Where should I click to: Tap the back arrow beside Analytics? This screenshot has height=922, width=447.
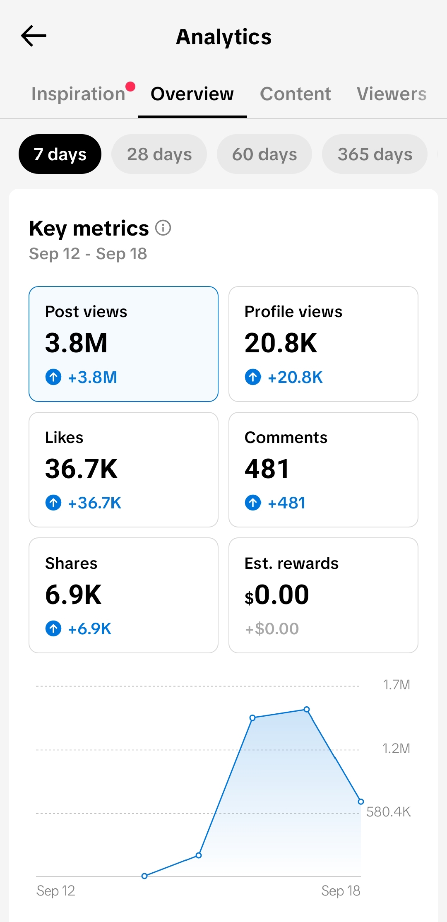pyautogui.click(x=34, y=36)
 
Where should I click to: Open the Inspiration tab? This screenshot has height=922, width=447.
pyautogui.click(x=78, y=94)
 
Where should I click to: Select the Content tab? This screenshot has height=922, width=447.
pyautogui.click(x=296, y=94)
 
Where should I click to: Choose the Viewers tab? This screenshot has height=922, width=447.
pyautogui.click(x=392, y=94)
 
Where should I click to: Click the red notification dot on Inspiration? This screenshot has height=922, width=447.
pyautogui.click(x=130, y=86)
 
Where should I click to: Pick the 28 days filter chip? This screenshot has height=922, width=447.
pyautogui.click(x=159, y=154)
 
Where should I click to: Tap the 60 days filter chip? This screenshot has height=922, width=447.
pyautogui.click(x=264, y=154)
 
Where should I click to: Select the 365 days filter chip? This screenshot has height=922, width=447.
pyautogui.click(x=375, y=154)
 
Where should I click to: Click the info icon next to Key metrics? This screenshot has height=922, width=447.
pyautogui.click(x=163, y=228)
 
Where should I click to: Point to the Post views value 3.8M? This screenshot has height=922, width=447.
pyautogui.click(x=76, y=343)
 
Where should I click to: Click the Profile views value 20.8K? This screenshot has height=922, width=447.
pyautogui.click(x=281, y=343)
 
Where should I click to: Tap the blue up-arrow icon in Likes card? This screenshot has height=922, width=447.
pyautogui.click(x=53, y=503)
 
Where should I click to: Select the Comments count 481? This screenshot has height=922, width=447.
pyautogui.click(x=267, y=469)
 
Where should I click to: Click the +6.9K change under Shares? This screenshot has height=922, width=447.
pyautogui.click(x=89, y=628)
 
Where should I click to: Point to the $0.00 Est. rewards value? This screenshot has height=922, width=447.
pyautogui.click(x=276, y=595)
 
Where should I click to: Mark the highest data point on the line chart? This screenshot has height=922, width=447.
pyautogui.click(x=307, y=709)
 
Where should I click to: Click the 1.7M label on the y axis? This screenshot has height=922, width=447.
pyautogui.click(x=397, y=685)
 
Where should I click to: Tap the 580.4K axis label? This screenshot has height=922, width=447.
pyautogui.click(x=388, y=811)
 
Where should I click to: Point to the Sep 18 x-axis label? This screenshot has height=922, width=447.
pyautogui.click(x=341, y=891)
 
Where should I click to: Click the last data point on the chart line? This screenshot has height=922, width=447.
pyautogui.click(x=361, y=802)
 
